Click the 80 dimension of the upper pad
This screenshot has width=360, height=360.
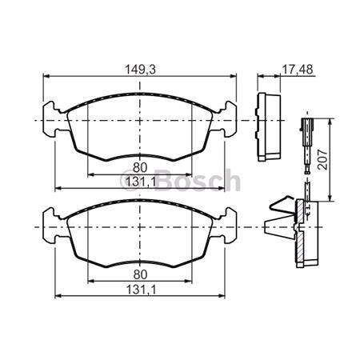(141, 167)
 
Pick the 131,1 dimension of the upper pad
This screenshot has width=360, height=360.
(141, 182)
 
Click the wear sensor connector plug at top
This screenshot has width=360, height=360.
(307, 126)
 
